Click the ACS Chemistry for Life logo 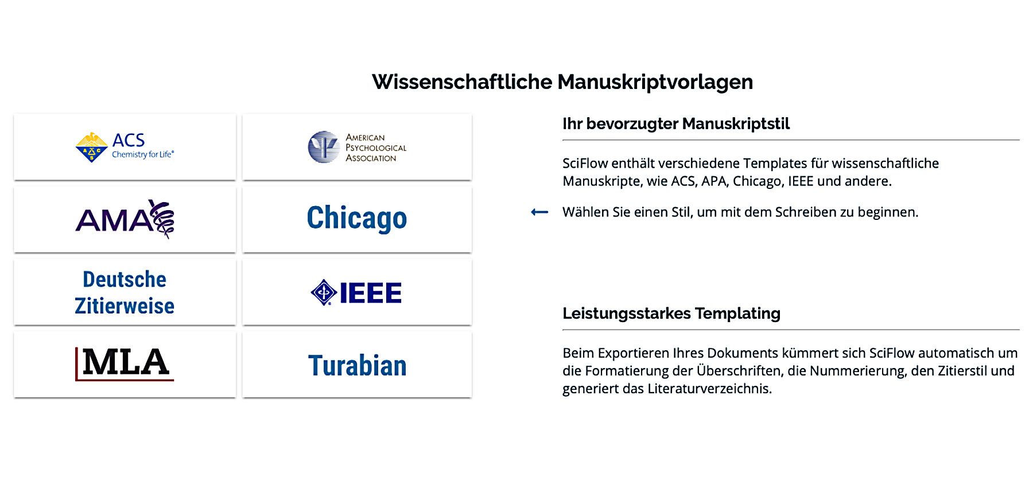tap(125, 147)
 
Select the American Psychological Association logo tap(357, 148)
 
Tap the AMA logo tap(125, 219)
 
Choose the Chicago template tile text tap(357, 218)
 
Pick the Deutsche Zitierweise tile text tap(125, 292)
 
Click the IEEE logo tap(356, 292)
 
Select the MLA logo tap(125, 363)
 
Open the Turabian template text tap(357, 366)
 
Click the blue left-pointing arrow tap(539, 212)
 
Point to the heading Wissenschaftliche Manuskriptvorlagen tap(562, 82)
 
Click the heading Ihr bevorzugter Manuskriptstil tap(676, 124)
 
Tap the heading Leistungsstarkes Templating tap(671, 313)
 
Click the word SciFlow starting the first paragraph tap(585, 164)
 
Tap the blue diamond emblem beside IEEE tap(324, 292)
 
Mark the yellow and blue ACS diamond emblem tap(92, 148)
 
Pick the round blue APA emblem tap(324, 147)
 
